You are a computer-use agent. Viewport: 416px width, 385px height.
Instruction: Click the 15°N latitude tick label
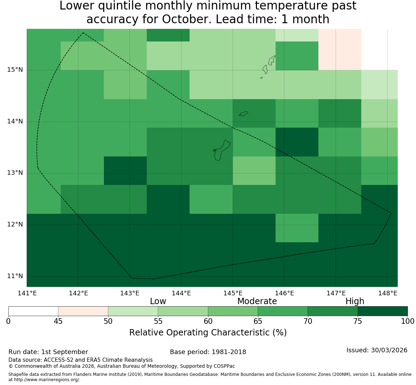pos(15,70)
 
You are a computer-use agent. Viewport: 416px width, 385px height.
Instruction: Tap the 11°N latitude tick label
pos(15,276)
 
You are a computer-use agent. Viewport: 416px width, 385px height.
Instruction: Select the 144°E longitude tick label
pos(181,293)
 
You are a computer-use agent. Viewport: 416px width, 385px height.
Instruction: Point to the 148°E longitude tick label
pos(388,293)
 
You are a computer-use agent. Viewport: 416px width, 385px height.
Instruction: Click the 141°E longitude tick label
pos(27,293)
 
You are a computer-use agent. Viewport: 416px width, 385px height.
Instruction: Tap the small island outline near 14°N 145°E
pos(244,114)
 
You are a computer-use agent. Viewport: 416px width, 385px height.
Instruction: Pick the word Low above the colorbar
pos(158,301)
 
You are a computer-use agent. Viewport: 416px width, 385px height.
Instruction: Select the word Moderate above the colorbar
pos(257,301)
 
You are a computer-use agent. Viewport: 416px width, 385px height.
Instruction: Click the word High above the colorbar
pos(355,301)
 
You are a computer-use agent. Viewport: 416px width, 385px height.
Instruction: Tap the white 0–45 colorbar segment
pos(33,311)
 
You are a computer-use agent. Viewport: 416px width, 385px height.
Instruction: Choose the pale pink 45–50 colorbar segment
pos(83,311)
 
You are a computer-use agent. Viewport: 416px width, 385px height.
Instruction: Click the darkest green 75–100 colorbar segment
pos(383,311)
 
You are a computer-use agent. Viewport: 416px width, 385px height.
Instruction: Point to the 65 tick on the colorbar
pos(258,321)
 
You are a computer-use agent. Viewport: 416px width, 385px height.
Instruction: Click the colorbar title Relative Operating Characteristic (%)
pos(208,333)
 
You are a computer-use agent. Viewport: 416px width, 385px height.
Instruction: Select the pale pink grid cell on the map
pos(340,50)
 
